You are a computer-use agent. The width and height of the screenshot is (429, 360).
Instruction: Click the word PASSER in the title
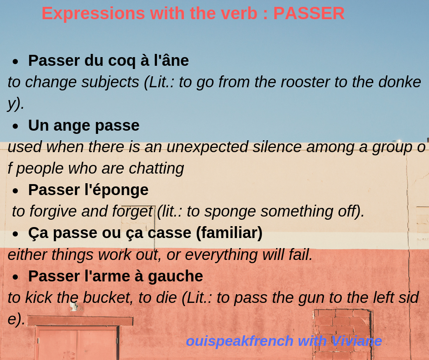[309, 13]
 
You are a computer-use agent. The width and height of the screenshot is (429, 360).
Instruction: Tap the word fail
[302, 255]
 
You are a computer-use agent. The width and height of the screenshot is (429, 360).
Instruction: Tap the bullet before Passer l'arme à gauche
[16, 277]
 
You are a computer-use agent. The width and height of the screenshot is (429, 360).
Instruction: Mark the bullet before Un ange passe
[16, 127]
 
